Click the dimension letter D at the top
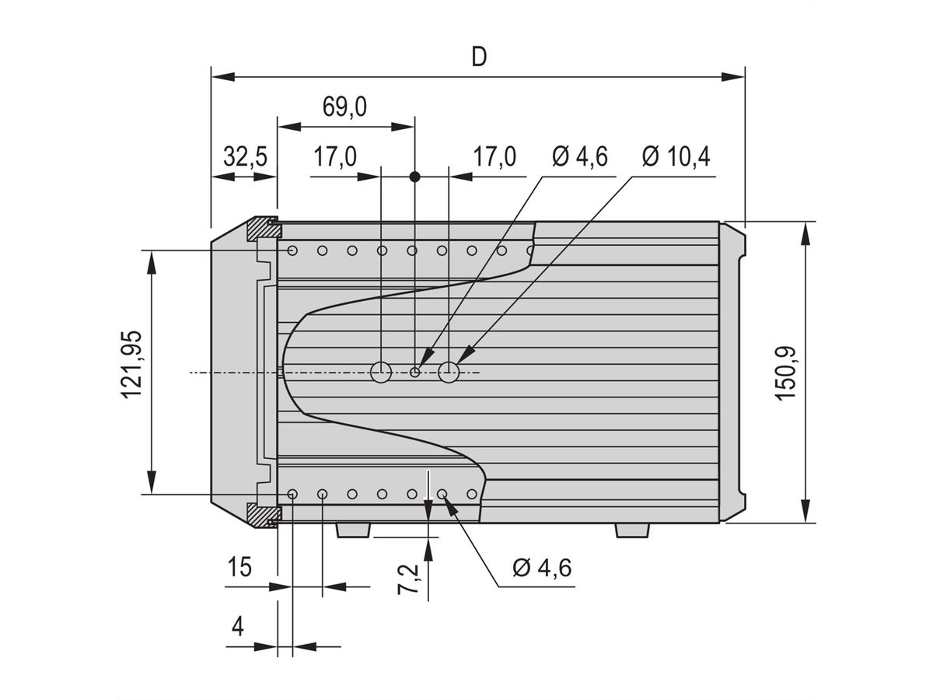[479, 58]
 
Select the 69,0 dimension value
[344, 107]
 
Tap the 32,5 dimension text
[245, 157]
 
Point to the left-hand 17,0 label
[335, 157]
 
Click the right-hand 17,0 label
[494, 157]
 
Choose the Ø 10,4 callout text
[676, 157]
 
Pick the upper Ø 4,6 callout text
[580, 157]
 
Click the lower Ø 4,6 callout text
[542, 568]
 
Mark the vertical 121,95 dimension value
[131, 365]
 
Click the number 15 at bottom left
[239, 567]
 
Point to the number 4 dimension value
[238, 626]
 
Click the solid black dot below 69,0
[414, 177]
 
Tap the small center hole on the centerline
[415, 373]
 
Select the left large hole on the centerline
[380, 373]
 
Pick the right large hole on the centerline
[449, 373]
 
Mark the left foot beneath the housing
[353, 530]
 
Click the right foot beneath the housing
[632, 530]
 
